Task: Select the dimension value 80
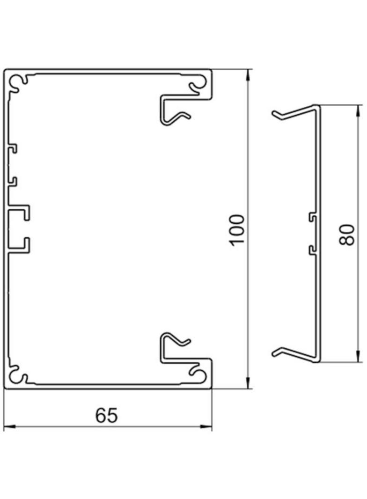pos(347,235)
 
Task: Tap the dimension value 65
pos(107,416)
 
